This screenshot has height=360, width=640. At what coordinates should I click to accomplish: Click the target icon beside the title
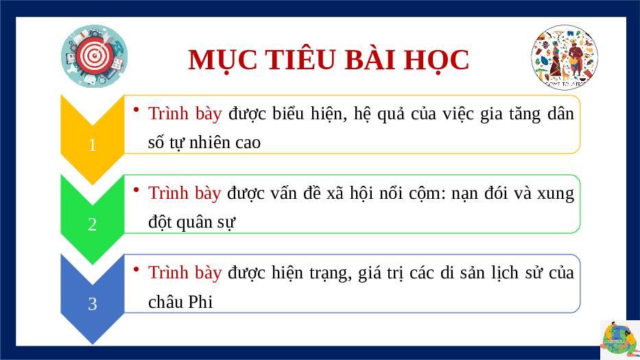[x=94, y=56]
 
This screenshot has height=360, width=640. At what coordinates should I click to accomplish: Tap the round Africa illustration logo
[x=565, y=57]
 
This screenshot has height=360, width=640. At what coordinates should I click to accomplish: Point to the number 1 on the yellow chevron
[x=93, y=145]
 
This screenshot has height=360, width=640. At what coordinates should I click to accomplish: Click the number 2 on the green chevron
[x=93, y=224]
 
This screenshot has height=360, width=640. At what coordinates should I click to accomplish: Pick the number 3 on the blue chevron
[x=93, y=304]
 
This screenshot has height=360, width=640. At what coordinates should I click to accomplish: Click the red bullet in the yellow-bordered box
[x=137, y=109]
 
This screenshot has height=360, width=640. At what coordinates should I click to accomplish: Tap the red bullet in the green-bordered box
[x=137, y=189]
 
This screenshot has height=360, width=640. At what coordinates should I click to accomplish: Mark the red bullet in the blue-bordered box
[x=137, y=268]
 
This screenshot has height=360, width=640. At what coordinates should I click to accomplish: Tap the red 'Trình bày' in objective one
[x=185, y=113]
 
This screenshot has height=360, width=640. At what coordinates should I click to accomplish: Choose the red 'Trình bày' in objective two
[x=185, y=193]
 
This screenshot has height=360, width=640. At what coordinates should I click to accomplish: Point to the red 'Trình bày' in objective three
[x=185, y=273]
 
